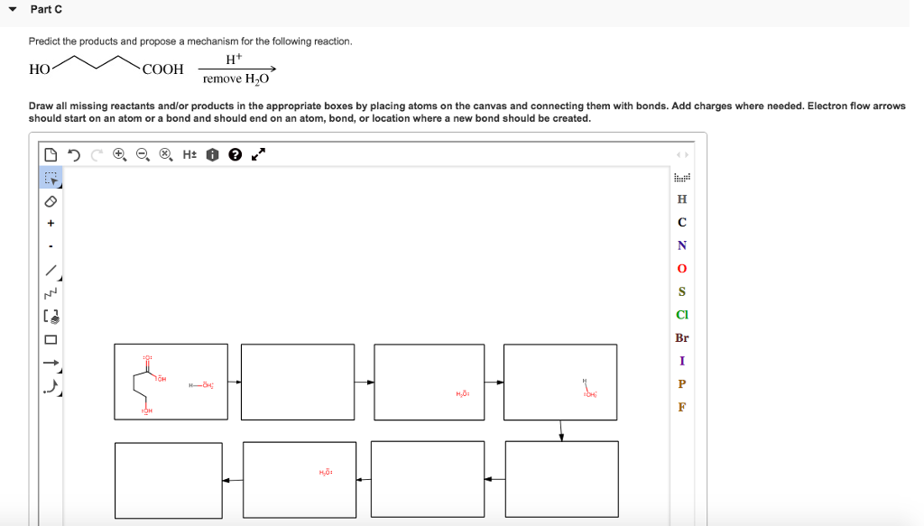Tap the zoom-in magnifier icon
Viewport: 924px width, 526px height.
pyautogui.click(x=119, y=154)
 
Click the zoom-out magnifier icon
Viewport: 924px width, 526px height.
pyautogui.click(x=143, y=154)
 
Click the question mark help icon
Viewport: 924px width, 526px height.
pyautogui.click(x=235, y=154)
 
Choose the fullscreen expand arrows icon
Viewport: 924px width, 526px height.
pyautogui.click(x=258, y=154)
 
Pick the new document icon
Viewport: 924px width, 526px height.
pyautogui.click(x=51, y=154)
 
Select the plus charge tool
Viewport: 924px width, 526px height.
pyautogui.click(x=51, y=223)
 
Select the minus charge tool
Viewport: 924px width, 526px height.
pyautogui.click(x=51, y=246)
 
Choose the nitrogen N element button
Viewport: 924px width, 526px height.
pyautogui.click(x=681, y=245)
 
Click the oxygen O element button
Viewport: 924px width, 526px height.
pyautogui.click(x=681, y=269)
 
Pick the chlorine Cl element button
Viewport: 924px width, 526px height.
pyautogui.click(x=681, y=315)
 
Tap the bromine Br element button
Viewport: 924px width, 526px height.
pyautogui.click(x=681, y=338)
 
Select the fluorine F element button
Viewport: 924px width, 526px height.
pyautogui.click(x=681, y=407)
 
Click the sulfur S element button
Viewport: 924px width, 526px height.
pyautogui.click(x=681, y=291)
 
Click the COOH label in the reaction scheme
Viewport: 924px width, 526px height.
pyautogui.click(x=162, y=69)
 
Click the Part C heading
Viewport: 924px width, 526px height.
pyautogui.click(x=46, y=9)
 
